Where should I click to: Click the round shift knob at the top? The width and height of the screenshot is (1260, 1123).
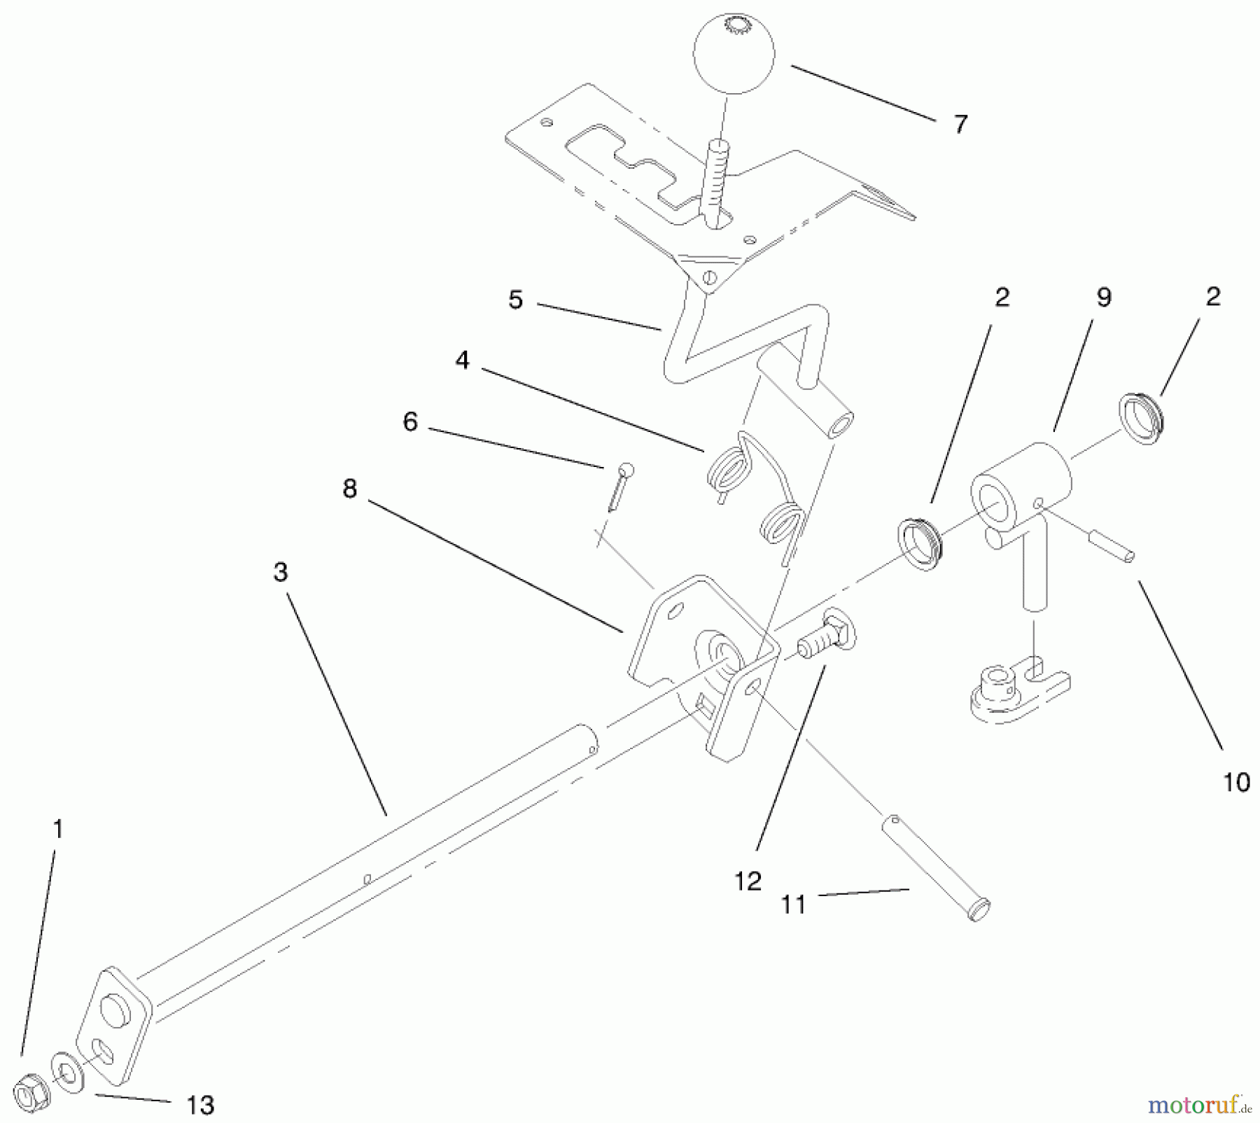pyautogui.click(x=734, y=53)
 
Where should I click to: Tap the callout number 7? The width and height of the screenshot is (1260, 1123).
pyautogui.click(x=960, y=125)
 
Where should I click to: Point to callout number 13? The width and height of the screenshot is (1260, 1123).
pyautogui.click(x=200, y=1105)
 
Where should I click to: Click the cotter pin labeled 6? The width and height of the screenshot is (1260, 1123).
pyautogui.click(x=619, y=487)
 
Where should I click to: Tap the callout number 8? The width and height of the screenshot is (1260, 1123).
pyautogui.click(x=350, y=489)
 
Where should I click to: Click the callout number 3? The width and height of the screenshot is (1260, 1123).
pyautogui.click(x=281, y=572)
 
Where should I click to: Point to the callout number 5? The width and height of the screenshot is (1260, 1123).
pyautogui.click(x=516, y=300)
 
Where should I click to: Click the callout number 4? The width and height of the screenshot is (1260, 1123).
pyautogui.click(x=462, y=361)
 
